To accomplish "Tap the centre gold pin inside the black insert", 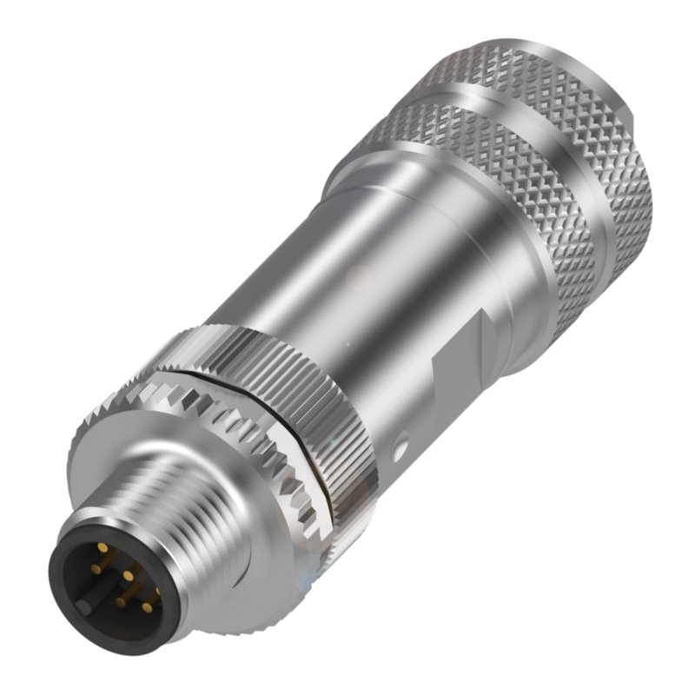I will (x=127, y=576).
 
